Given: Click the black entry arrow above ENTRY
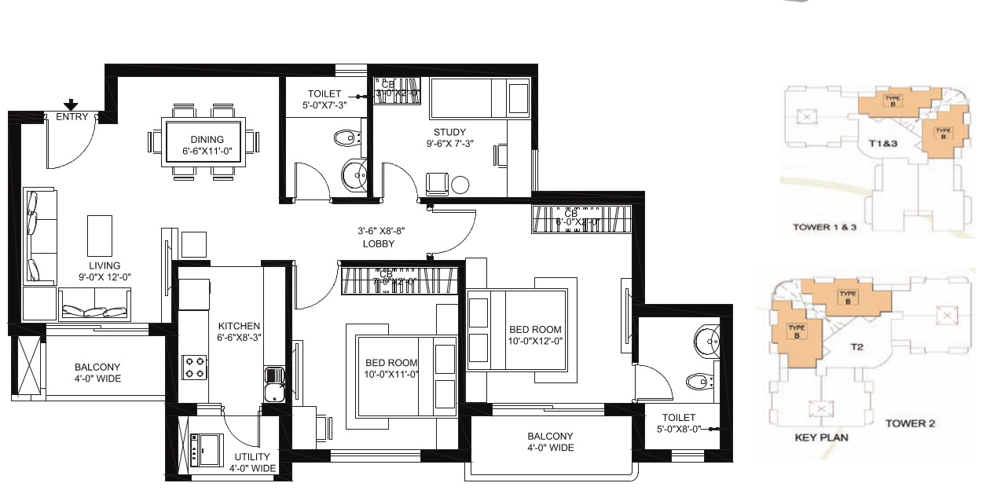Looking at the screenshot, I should point(71,104).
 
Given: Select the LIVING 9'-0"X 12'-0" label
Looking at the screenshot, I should point(104,272).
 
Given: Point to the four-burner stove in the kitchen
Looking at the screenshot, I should point(195,367).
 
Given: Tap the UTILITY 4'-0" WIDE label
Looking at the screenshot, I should point(252,463).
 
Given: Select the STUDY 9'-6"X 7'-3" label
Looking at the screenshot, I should point(449,138).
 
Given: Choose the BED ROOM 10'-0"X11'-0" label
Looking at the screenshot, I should point(391,369).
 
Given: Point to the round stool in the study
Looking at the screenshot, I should point(460,185).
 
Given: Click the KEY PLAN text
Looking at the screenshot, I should point(821,437).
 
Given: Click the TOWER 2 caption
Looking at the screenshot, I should point(910,423).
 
